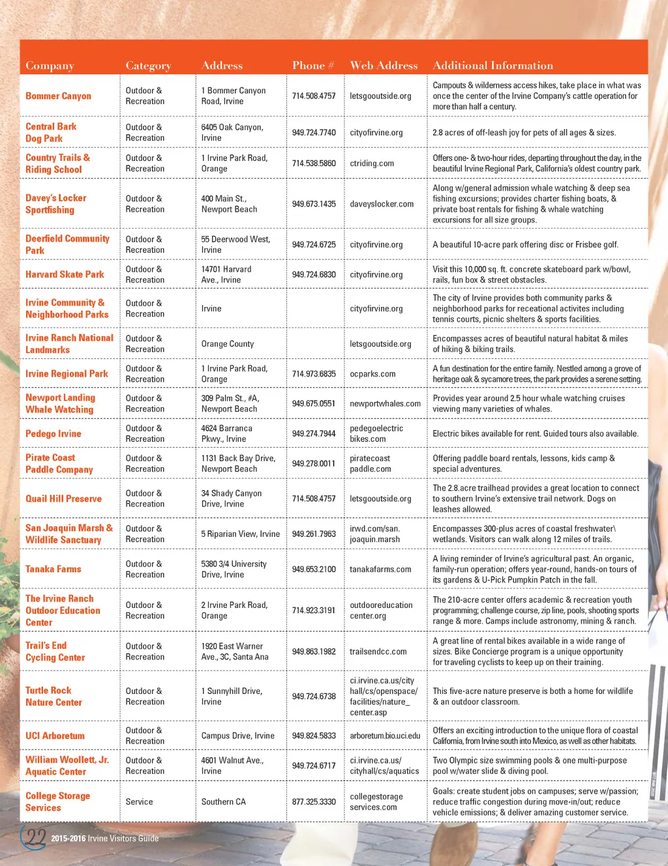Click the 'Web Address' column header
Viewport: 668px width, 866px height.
pos(384,65)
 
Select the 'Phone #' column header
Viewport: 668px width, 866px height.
pos(313,65)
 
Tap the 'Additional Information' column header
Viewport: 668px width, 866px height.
pos(493,65)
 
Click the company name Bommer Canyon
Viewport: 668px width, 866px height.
pos(58,96)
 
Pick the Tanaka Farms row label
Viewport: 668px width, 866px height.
pos(53,569)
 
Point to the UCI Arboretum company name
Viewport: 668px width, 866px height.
pos(55,736)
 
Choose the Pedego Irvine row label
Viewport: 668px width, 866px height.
pos(53,433)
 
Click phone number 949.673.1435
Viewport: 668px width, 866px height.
pos(314,204)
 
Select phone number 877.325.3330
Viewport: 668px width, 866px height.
pos(314,801)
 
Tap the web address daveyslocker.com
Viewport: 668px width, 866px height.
pos(382,204)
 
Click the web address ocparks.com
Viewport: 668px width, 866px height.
pos(372,374)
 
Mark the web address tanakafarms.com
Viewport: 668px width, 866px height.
pos(380,569)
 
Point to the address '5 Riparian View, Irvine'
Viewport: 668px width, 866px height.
pos(240,534)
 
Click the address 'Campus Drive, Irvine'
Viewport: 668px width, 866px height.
pos(237,736)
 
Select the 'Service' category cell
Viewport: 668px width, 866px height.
pos(139,801)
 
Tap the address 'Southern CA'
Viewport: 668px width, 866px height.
pos(223,801)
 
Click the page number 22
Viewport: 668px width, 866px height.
pos(33,837)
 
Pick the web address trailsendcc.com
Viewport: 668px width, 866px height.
pos(378,652)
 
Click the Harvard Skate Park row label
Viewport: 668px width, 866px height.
pos(65,274)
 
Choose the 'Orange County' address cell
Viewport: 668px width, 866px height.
pos(227,343)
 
